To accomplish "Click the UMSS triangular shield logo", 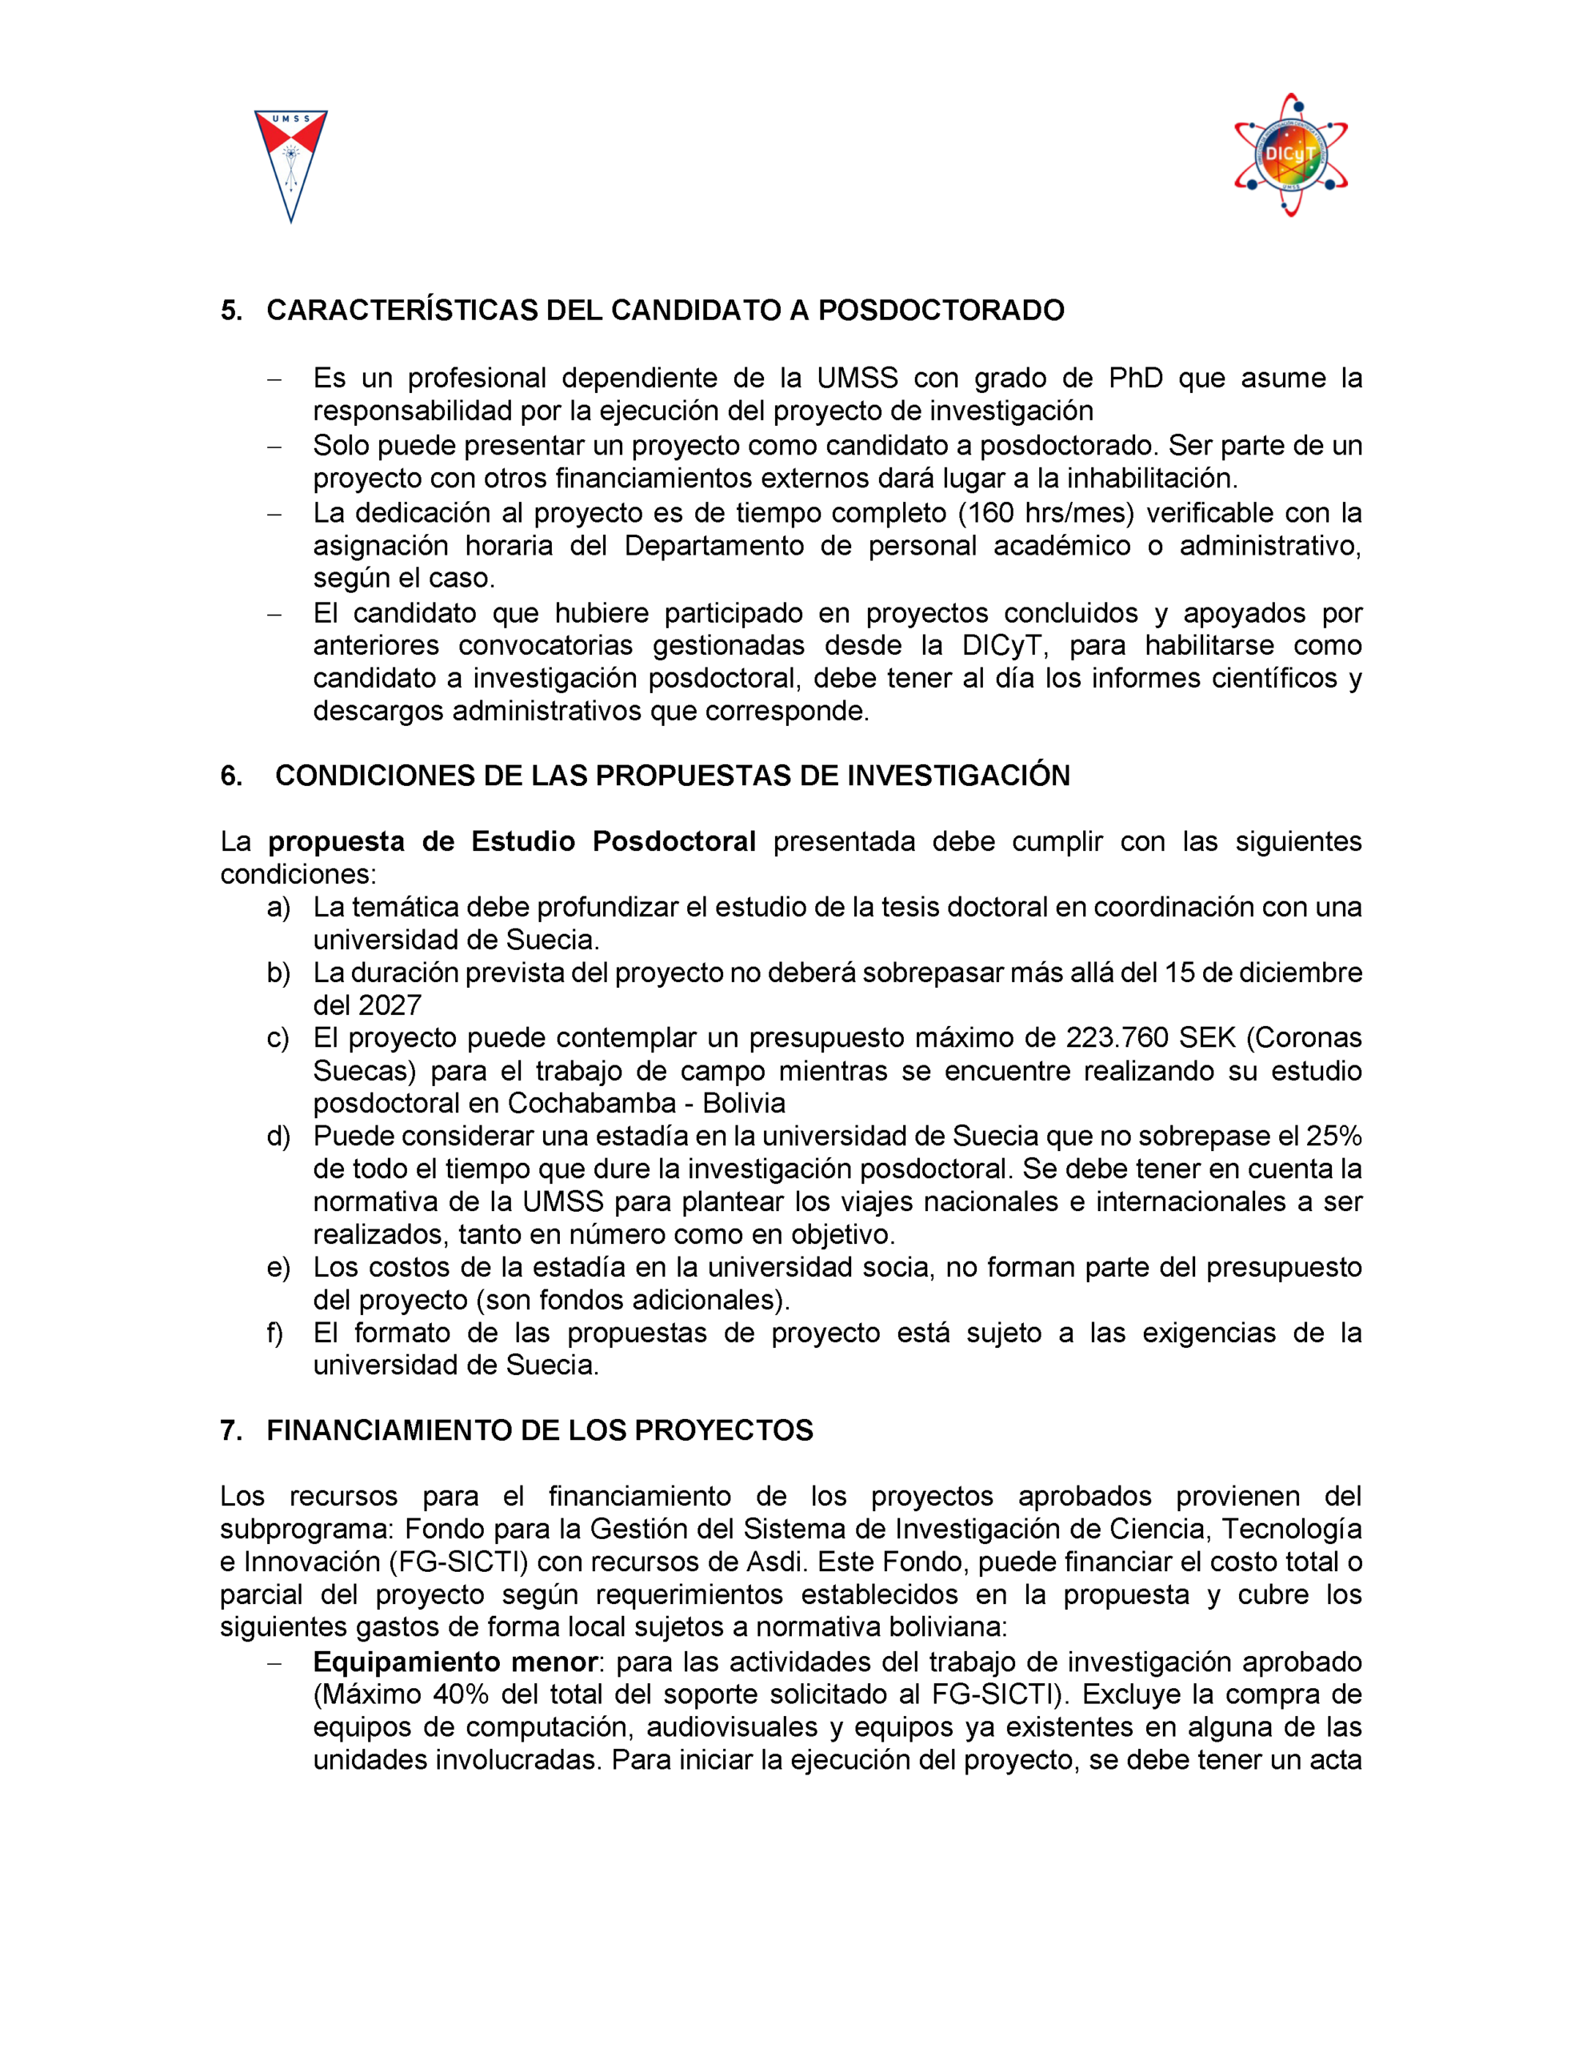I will tap(290, 165).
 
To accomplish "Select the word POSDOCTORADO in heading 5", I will tap(941, 311).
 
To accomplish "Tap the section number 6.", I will tap(230, 776).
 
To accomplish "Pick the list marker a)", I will tap(278, 907).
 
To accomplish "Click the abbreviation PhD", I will tap(1136, 378).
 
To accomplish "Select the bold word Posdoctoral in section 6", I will tap(674, 841).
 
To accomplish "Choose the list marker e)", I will tap(278, 1268).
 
